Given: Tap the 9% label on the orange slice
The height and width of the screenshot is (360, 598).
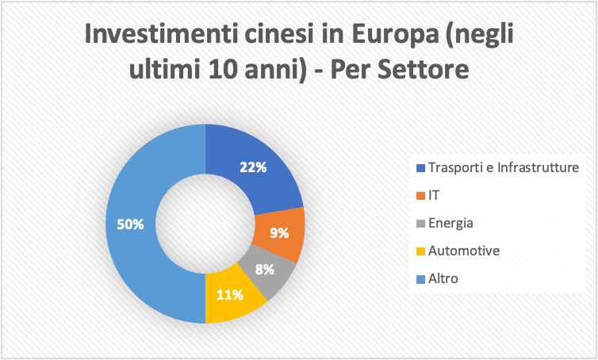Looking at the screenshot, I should (x=279, y=233).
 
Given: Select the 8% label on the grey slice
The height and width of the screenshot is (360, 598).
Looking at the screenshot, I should (x=264, y=269).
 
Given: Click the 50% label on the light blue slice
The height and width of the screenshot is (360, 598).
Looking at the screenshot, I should (x=131, y=224).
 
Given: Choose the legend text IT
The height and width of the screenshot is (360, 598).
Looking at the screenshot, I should (x=433, y=195).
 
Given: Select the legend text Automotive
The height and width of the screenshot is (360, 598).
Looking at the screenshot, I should (x=463, y=251).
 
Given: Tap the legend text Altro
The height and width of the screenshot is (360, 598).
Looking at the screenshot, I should (x=443, y=278).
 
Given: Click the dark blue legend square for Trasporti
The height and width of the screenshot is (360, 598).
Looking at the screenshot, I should (x=420, y=168).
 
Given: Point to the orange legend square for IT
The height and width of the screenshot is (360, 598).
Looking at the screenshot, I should (x=420, y=196).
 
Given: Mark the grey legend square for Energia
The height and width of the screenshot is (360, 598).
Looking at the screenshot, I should (x=420, y=224).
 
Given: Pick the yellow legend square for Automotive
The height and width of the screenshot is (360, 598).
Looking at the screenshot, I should (x=420, y=251).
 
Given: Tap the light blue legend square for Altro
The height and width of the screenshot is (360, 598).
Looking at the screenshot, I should (x=420, y=279).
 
